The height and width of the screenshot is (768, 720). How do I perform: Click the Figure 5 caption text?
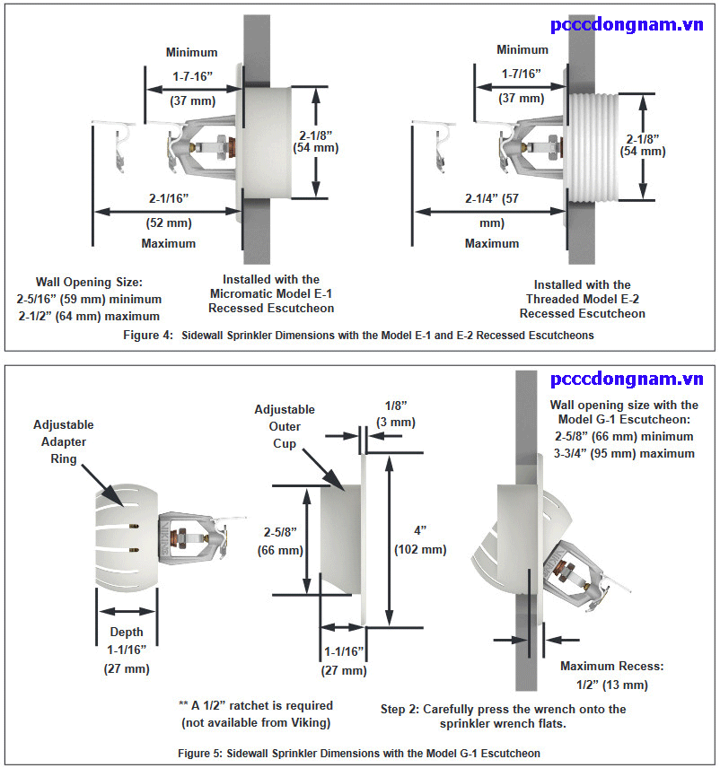pos(359,753)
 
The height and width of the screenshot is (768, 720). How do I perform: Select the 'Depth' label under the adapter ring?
pos(126,633)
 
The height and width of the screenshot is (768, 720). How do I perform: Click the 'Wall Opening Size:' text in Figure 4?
pos(90,282)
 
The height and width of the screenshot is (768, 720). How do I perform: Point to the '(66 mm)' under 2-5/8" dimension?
pos(281,550)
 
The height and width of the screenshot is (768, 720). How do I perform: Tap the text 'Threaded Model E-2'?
pos(583,299)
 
